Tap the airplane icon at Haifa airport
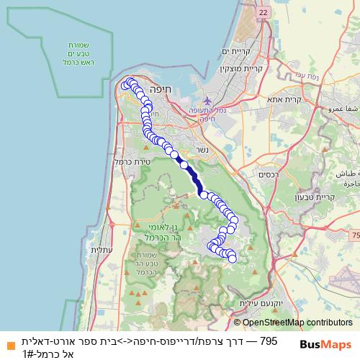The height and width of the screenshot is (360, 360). coord(208,100)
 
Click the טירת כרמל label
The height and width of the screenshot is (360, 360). coord(130,161)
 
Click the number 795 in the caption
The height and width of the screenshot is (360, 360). coord(268,341)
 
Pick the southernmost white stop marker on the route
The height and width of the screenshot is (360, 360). coord(232,258)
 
